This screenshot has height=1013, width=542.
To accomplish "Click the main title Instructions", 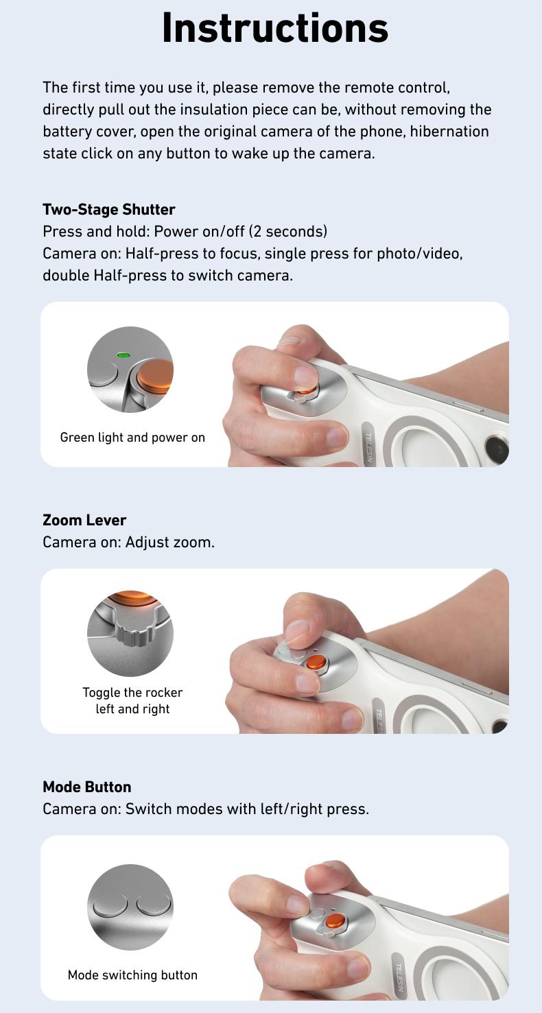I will [x=274, y=28].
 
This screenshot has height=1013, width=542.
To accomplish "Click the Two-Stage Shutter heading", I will [x=108, y=209].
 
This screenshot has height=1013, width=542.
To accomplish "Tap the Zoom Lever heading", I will [x=84, y=520].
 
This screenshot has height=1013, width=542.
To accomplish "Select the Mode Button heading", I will [x=86, y=787].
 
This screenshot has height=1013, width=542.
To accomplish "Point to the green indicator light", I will [x=123, y=355].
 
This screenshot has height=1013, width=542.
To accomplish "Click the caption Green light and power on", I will [x=132, y=438].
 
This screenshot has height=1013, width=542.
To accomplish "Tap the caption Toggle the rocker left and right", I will [x=132, y=700].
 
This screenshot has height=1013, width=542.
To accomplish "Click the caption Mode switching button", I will [x=132, y=975].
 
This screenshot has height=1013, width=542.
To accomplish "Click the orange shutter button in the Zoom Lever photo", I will [x=316, y=662].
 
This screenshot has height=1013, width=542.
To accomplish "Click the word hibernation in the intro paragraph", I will [x=449, y=131].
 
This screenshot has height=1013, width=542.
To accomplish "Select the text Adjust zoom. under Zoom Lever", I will [x=170, y=542].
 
